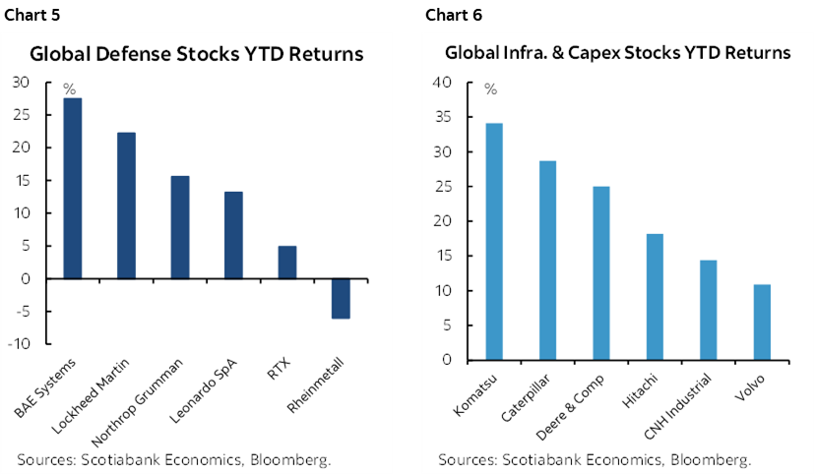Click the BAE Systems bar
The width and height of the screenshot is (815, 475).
72,188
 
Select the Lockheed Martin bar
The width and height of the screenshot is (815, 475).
126,205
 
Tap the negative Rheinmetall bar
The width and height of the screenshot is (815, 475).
341,298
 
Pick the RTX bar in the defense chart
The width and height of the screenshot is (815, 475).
286,262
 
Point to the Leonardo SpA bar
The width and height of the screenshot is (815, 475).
233,235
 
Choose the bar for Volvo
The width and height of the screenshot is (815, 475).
762,322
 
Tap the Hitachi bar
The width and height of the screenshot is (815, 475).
655,296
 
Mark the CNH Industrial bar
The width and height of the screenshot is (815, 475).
709,310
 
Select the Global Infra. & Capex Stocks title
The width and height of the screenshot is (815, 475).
618,53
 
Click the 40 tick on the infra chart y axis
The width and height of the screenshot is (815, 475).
442,84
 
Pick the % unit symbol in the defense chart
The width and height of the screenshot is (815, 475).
69,89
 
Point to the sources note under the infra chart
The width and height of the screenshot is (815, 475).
595,459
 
